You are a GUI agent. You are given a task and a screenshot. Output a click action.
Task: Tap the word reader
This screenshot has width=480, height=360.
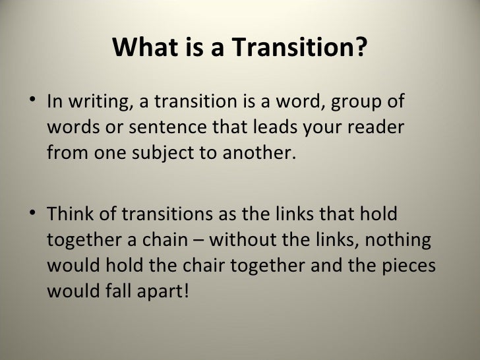pyautogui.click(x=373, y=130)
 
